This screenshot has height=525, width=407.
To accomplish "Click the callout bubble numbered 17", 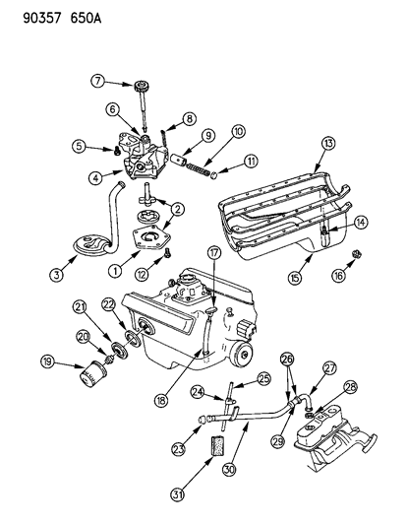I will click(213, 253).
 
